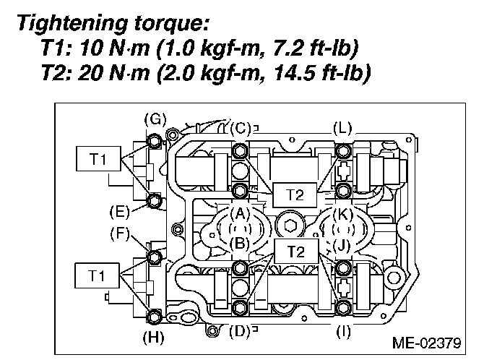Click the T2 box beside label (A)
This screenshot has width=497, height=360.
click(290, 194)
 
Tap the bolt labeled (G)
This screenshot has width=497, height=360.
click(155, 140)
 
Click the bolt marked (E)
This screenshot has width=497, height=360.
click(154, 199)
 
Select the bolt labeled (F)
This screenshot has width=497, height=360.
click(154, 256)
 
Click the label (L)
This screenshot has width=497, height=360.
click(342, 127)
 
